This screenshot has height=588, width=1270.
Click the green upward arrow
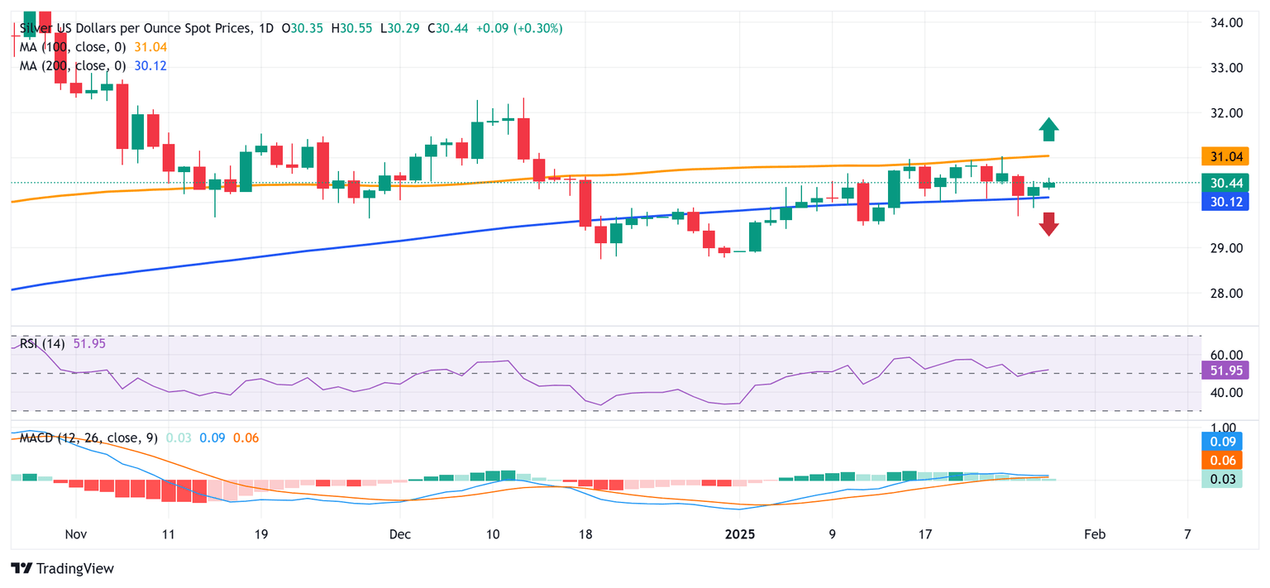click(1048, 129)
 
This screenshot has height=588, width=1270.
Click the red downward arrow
click(1048, 224)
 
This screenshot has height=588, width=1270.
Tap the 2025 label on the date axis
click(741, 534)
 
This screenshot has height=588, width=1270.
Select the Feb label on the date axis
click(1094, 534)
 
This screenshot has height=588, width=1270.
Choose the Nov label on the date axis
click(75, 534)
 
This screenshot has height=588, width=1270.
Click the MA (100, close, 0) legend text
click(73, 47)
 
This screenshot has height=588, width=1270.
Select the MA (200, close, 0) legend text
click(73, 66)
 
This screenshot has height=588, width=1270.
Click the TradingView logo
click(63, 569)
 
